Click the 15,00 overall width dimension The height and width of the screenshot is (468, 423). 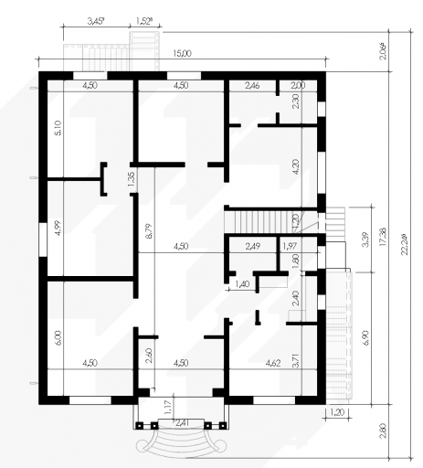pyautogui.click(x=182, y=54)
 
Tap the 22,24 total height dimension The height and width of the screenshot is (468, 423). pyautogui.click(x=405, y=244)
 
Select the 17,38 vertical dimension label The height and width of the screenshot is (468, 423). pyautogui.click(x=384, y=237)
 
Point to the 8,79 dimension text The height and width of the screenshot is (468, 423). pyautogui.click(x=149, y=231)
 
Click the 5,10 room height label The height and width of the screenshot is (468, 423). pyautogui.click(x=58, y=128)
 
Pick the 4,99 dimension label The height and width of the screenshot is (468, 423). pyautogui.click(x=58, y=229)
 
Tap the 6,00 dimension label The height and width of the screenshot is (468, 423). pyautogui.click(x=58, y=337)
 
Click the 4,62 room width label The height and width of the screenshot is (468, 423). pyautogui.click(x=273, y=363)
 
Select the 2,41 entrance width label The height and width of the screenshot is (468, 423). pyautogui.click(x=181, y=422)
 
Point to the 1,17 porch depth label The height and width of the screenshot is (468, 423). pyautogui.click(x=168, y=408)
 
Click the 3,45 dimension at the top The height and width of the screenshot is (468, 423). pyautogui.click(x=96, y=21)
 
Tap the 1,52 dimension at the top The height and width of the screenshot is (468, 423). pyautogui.click(x=144, y=21)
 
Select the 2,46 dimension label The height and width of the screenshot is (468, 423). pyautogui.click(x=252, y=85)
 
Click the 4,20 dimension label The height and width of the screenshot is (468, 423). pyautogui.click(x=295, y=166)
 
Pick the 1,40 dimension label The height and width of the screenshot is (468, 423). pyautogui.click(x=242, y=284)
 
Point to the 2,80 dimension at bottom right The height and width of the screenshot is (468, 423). pyautogui.click(x=384, y=431)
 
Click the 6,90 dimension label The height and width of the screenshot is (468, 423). pyautogui.click(x=365, y=337)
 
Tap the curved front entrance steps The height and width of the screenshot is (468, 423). pyautogui.click(x=181, y=441)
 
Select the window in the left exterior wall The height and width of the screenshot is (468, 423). pyautogui.click(x=43, y=239)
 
